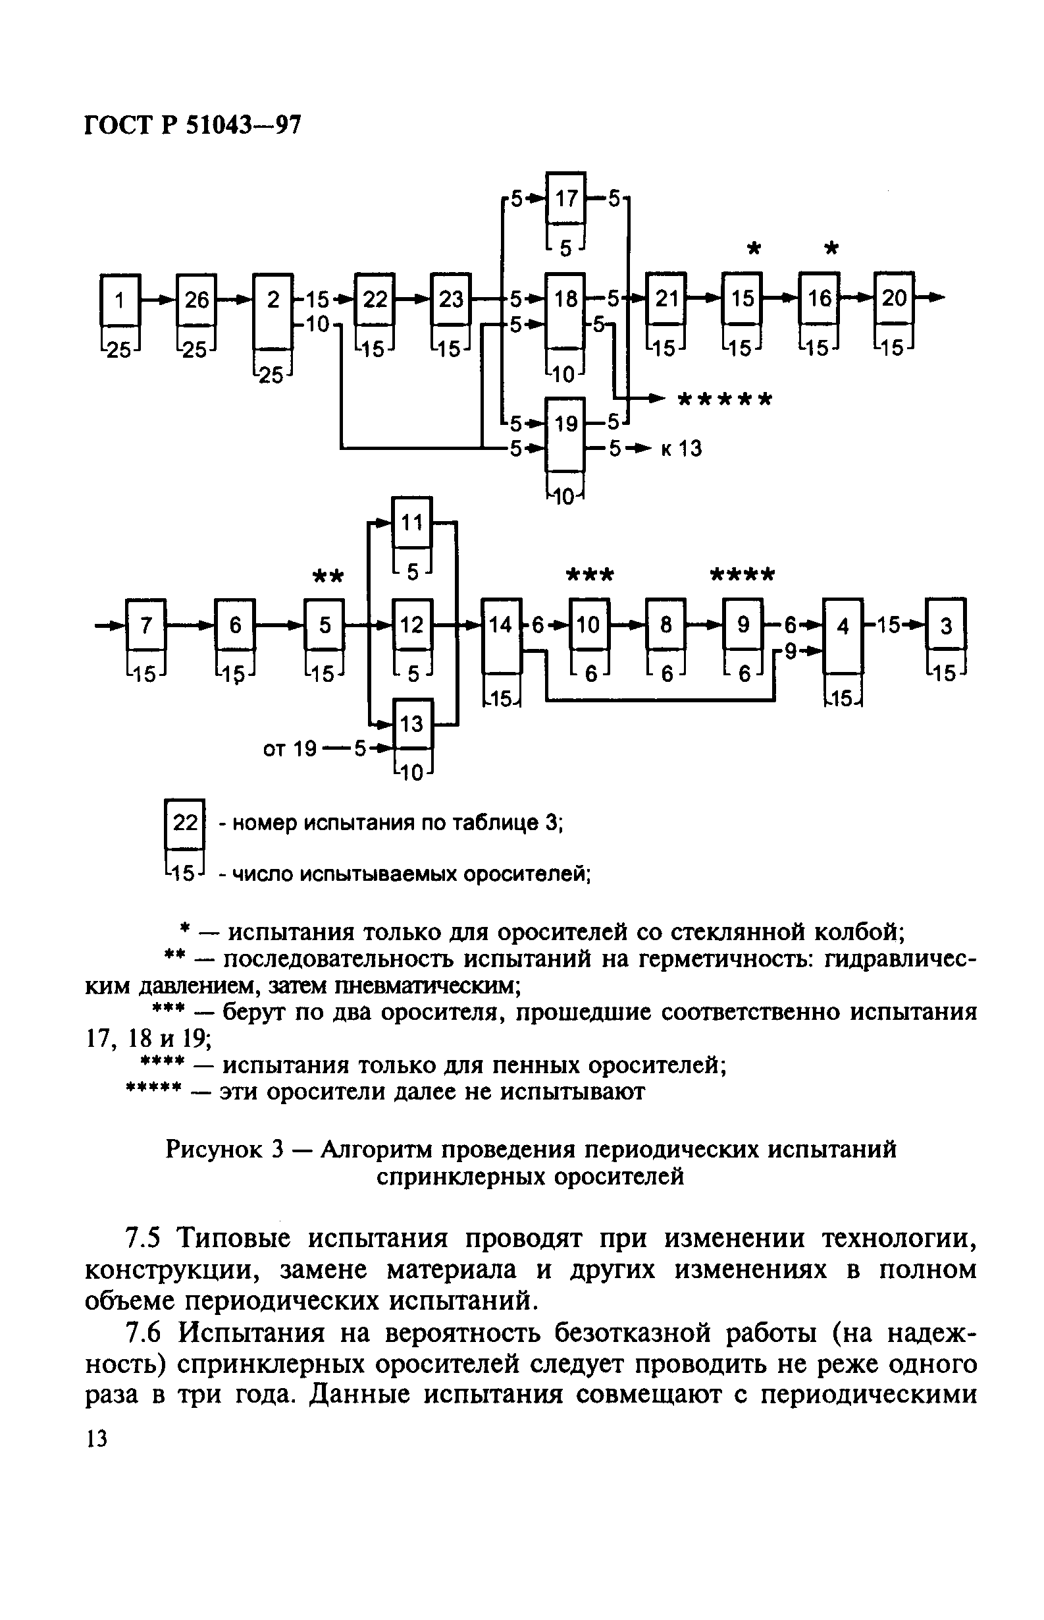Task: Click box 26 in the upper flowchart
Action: pyautogui.click(x=196, y=300)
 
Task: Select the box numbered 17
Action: pyautogui.click(x=566, y=198)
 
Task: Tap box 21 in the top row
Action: pyautogui.click(x=666, y=298)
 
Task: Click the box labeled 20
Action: pyautogui.click(x=894, y=298)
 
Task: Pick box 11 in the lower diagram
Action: pyautogui.click(x=411, y=522)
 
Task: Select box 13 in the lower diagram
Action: pyautogui.click(x=411, y=724)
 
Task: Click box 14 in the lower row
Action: pyautogui.click(x=501, y=625)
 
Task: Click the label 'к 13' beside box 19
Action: pyautogui.click(x=681, y=449)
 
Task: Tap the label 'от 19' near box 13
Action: pyautogui.click(x=290, y=749)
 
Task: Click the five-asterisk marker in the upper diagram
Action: pyautogui.click(x=725, y=399)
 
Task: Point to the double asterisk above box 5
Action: pyautogui.click(x=328, y=577)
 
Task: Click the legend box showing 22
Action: pyautogui.click(x=184, y=823)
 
